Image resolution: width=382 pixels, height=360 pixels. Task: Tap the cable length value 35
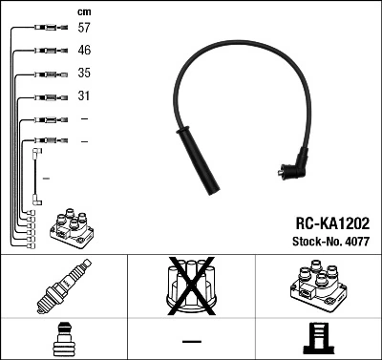84,74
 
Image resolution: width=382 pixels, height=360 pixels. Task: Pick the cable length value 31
84,96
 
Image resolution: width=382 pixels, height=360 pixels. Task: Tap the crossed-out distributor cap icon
190,287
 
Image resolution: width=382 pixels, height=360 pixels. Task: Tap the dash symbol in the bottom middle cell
191,341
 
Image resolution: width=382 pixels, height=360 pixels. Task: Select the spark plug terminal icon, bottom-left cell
63,340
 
